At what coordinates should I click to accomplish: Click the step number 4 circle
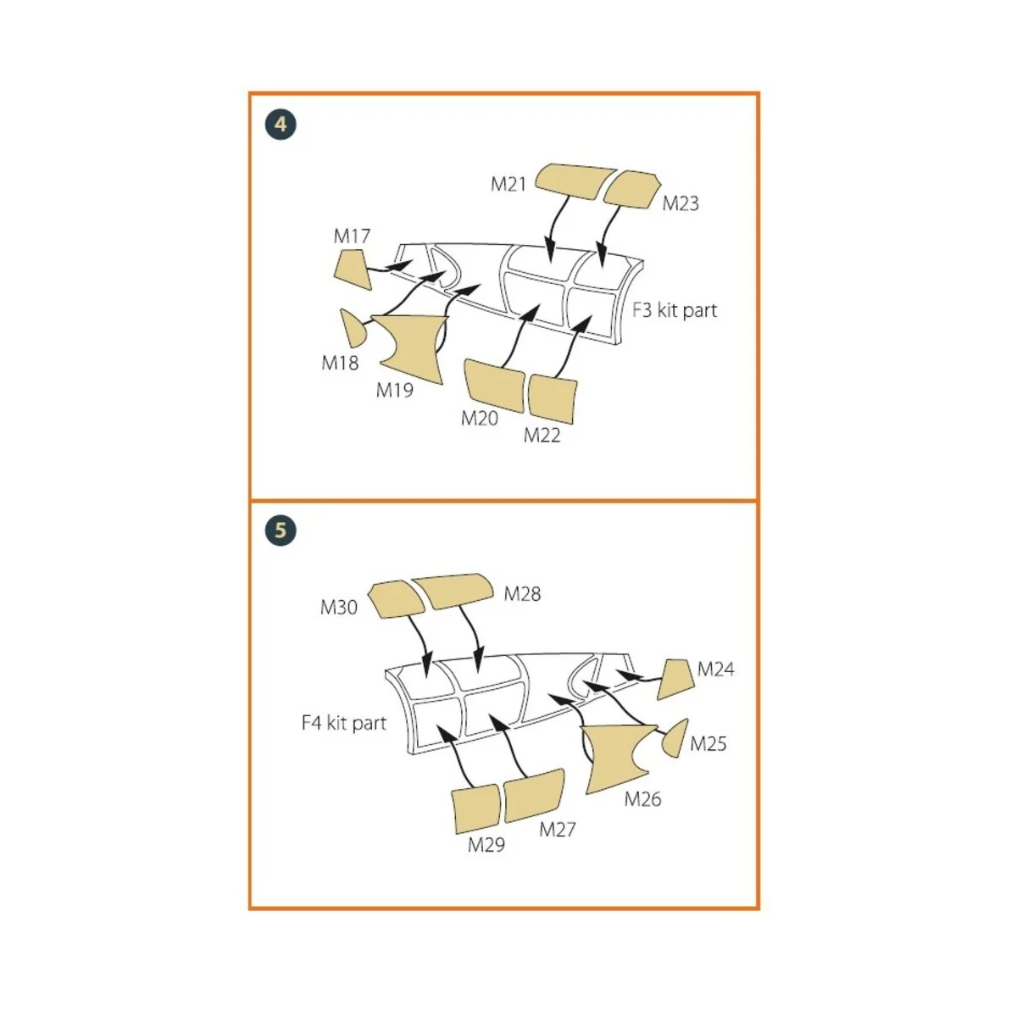pos(281,125)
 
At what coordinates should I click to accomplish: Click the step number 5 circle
pos(281,531)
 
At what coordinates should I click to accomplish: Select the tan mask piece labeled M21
pos(576,180)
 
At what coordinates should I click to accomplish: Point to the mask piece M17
pos(349,270)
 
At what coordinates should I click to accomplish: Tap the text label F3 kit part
pos(675,310)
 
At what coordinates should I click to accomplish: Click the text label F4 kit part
pos(343,723)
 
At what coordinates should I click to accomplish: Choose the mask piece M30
pos(397,598)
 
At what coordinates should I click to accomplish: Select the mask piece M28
pos(453,590)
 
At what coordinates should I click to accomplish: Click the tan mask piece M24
pos(677,678)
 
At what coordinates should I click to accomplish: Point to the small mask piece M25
pos(675,737)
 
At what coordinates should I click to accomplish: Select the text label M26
pos(642,798)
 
